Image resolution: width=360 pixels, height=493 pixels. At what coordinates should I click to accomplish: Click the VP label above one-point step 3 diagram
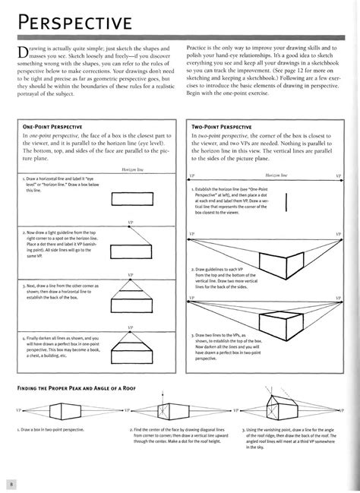130,274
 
